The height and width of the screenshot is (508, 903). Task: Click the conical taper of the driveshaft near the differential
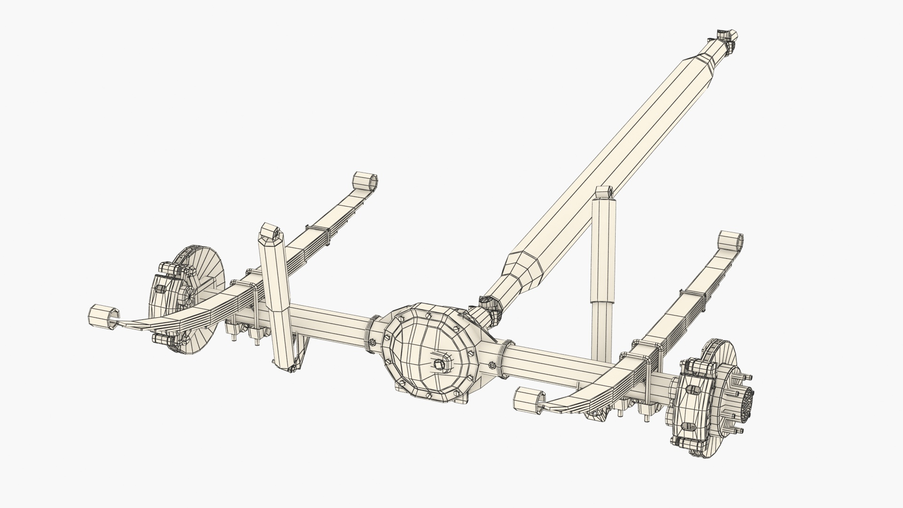tap(522, 273)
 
